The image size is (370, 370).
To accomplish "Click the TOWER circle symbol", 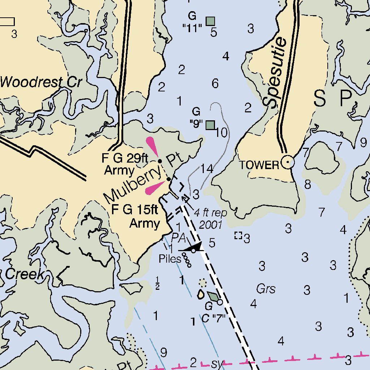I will click(288, 163).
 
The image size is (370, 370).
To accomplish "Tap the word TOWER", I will click(259, 165).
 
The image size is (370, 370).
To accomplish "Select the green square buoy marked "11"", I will click(210, 21).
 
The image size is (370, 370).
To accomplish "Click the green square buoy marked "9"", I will click(210, 125).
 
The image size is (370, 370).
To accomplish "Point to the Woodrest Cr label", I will click(40, 82).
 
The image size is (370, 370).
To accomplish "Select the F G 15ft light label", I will click(135, 216).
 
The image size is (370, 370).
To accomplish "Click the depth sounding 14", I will click(207, 168).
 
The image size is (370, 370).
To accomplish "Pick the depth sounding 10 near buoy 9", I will click(221, 133).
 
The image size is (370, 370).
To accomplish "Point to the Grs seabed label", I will click(266, 289).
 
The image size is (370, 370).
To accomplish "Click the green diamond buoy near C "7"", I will click(213, 297).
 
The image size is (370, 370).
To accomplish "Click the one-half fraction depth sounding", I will click(158, 283).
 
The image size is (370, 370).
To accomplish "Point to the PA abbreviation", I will click(178, 238).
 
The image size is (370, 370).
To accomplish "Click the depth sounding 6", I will click(215, 84).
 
